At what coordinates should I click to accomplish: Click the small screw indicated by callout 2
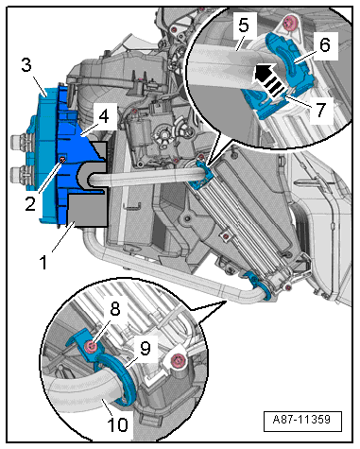click(x=63, y=162)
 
